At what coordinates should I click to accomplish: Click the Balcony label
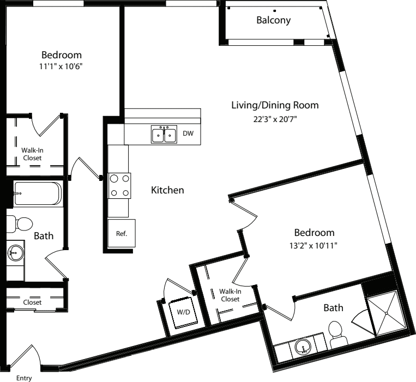click(273, 20)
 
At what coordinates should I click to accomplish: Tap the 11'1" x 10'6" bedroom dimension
click(61, 66)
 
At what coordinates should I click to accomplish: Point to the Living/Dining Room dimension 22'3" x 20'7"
click(275, 119)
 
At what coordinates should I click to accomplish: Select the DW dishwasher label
click(188, 134)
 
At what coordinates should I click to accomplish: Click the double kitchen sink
click(164, 135)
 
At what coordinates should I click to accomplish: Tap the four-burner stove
click(119, 186)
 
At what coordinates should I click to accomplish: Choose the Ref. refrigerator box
click(122, 233)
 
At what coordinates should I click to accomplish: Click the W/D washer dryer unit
click(183, 312)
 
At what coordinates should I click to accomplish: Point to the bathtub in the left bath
click(38, 193)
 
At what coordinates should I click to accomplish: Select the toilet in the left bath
click(19, 224)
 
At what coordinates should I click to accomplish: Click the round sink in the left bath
click(15, 253)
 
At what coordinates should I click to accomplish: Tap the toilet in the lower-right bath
click(337, 335)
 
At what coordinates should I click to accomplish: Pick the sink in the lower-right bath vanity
click(303, 347)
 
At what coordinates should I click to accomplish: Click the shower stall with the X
click(387, 313)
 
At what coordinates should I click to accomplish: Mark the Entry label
click(24, 378)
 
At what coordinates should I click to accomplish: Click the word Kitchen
click(167, 190)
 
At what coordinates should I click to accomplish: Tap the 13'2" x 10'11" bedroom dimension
click(313, 246)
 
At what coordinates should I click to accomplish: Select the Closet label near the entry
click(32, 302)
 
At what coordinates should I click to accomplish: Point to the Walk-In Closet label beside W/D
click(230, 295)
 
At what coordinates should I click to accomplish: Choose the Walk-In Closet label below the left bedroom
click(32, 154)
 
